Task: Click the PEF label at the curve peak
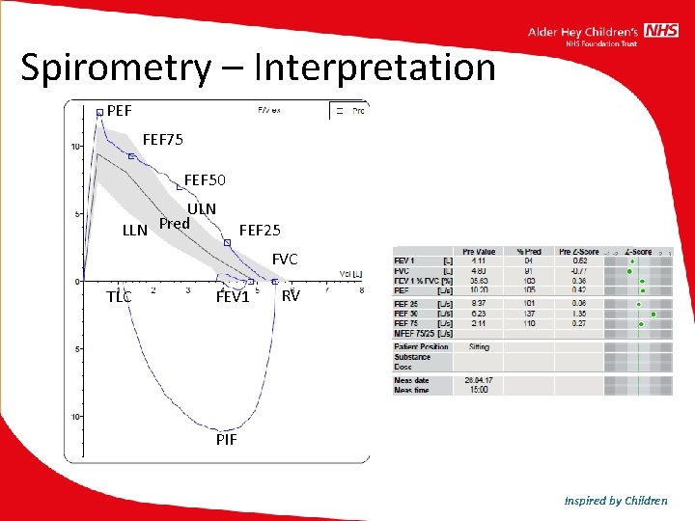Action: pos(120,111)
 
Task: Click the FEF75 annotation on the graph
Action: pos(163,140)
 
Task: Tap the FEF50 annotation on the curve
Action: pos(205,180)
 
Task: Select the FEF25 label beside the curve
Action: pos(260,230)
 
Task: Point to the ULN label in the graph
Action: pos(202,208)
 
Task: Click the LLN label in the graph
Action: pos(134,230)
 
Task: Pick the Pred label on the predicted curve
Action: pos(174,224)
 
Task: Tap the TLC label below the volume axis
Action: pos(119,297)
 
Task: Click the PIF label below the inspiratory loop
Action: pos(226,441)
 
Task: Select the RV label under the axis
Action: pos(291,295)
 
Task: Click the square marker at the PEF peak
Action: pos(99,112)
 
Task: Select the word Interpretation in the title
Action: pos(375,68)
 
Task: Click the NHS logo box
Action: pos(662,31)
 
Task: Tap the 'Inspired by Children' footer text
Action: pos(617,500)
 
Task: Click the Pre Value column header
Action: pos(479,252)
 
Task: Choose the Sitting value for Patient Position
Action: pos(479,346)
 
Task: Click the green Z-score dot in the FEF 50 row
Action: pos(653,314)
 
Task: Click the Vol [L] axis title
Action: pos(350,274)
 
